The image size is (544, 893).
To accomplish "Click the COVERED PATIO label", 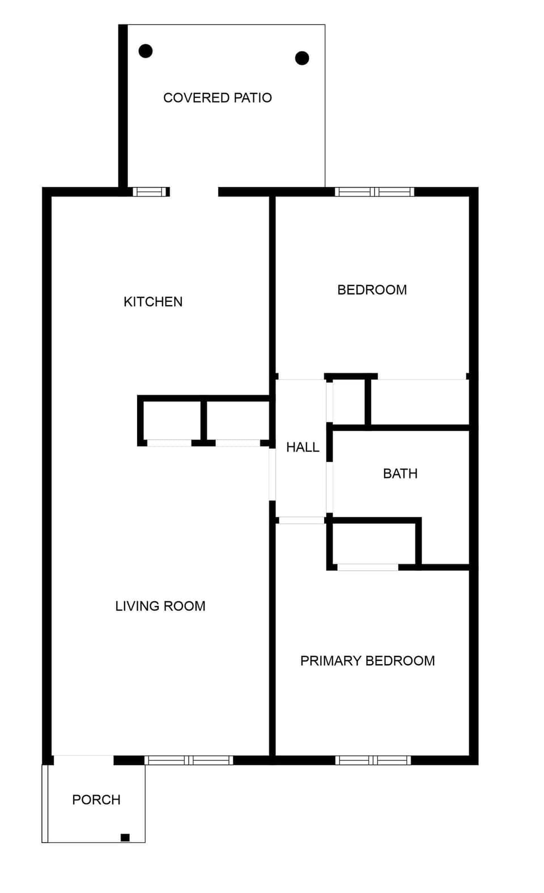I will tap(218, 98).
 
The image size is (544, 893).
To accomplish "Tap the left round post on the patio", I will tap(146, 51).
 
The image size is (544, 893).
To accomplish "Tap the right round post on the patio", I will tap(302, 58).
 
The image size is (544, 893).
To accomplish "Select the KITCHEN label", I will tap(153, 302).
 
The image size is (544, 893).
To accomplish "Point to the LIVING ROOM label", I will tap(160, 606).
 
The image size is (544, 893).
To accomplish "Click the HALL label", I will tap(303, 447).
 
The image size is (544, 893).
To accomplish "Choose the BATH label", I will tap(400, 473).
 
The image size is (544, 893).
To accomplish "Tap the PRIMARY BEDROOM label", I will tap(367, 661).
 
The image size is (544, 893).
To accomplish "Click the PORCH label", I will tap(96, 800).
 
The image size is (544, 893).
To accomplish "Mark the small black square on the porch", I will tap(125, 838).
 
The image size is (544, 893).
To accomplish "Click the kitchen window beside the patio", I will tap(151, 192).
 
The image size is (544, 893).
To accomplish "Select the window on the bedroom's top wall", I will tap(374, 192).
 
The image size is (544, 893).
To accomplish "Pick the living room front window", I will tap(189, 760).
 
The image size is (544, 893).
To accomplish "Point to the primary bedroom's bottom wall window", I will tap(373, 760).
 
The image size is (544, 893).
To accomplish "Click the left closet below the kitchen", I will tap(171, 421).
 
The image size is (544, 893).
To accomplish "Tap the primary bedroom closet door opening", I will tap(368, 567).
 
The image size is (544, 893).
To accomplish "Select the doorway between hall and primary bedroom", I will tap(301, 520).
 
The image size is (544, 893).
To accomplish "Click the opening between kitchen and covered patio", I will tap(194, 192).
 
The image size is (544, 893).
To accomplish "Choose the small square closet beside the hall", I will tap(349, 401).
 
